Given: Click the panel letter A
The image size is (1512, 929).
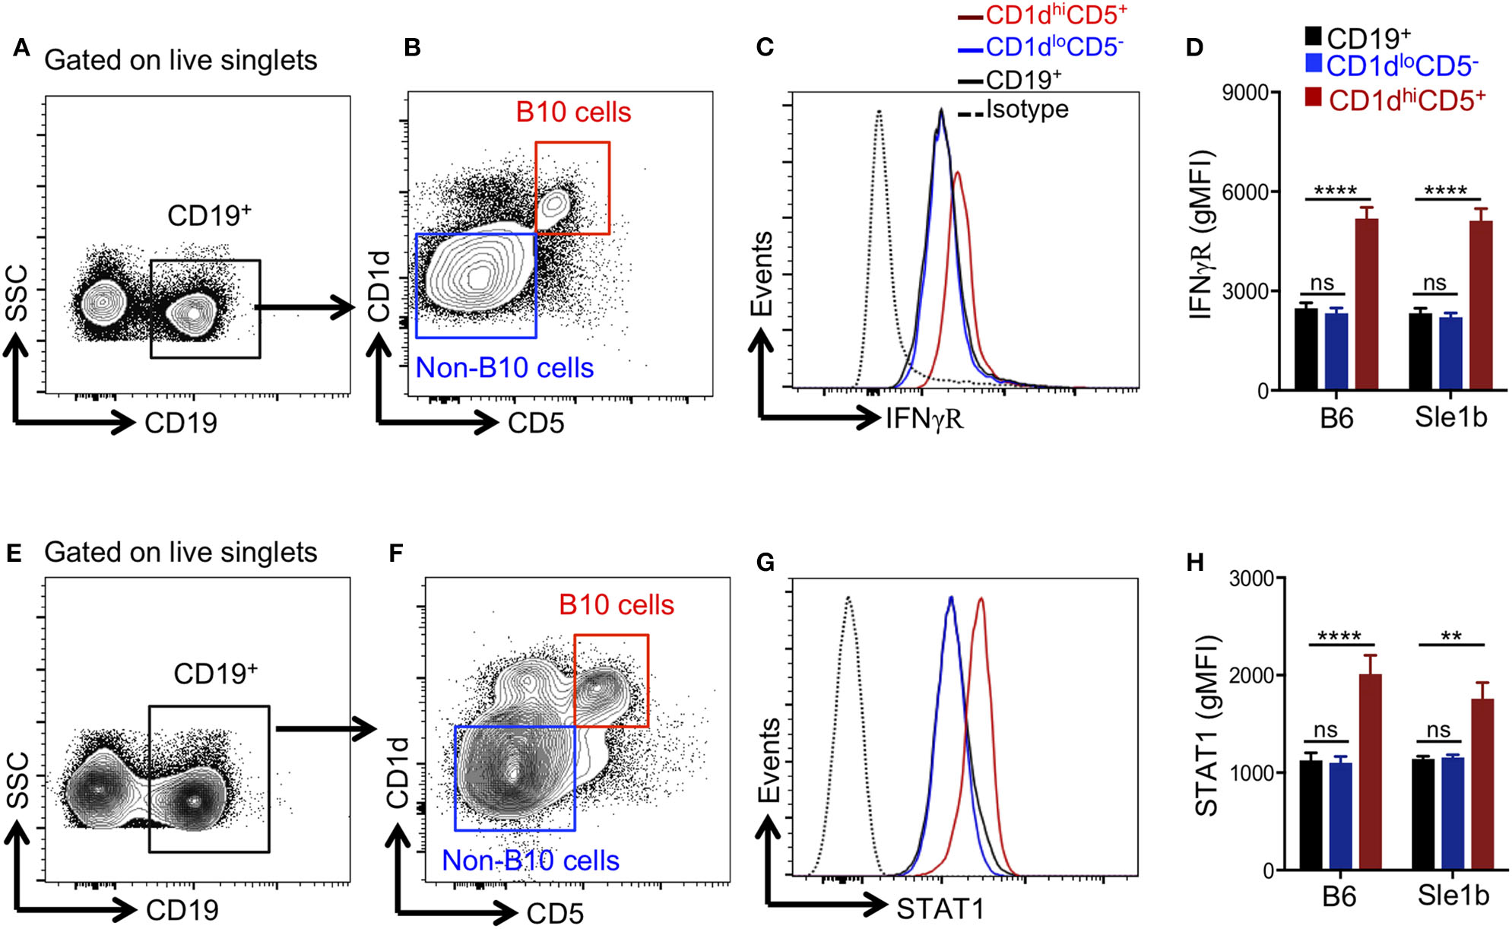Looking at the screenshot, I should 21,49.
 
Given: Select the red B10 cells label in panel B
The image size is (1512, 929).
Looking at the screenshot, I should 573,113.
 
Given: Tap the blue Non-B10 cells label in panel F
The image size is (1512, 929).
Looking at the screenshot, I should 531,861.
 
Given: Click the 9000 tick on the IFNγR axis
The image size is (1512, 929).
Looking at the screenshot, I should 1244,93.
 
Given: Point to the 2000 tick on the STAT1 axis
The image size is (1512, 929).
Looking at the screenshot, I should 1251,675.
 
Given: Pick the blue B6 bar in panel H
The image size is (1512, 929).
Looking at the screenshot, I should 1340,816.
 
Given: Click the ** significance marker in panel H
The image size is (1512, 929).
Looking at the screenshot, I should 1451,636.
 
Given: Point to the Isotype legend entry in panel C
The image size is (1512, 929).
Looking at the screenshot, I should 1026,109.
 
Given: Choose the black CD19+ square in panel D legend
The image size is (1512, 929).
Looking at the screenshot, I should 1313,36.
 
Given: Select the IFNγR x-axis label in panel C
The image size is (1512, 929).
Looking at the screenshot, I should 924,418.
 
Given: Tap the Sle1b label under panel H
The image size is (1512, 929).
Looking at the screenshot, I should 1453,896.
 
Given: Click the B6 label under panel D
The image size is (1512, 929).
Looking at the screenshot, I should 1336,418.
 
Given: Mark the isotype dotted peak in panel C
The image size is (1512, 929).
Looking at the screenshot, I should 879,113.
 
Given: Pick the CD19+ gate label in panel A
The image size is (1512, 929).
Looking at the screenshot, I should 209,216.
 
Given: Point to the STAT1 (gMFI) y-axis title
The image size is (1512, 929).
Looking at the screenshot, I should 1206,726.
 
